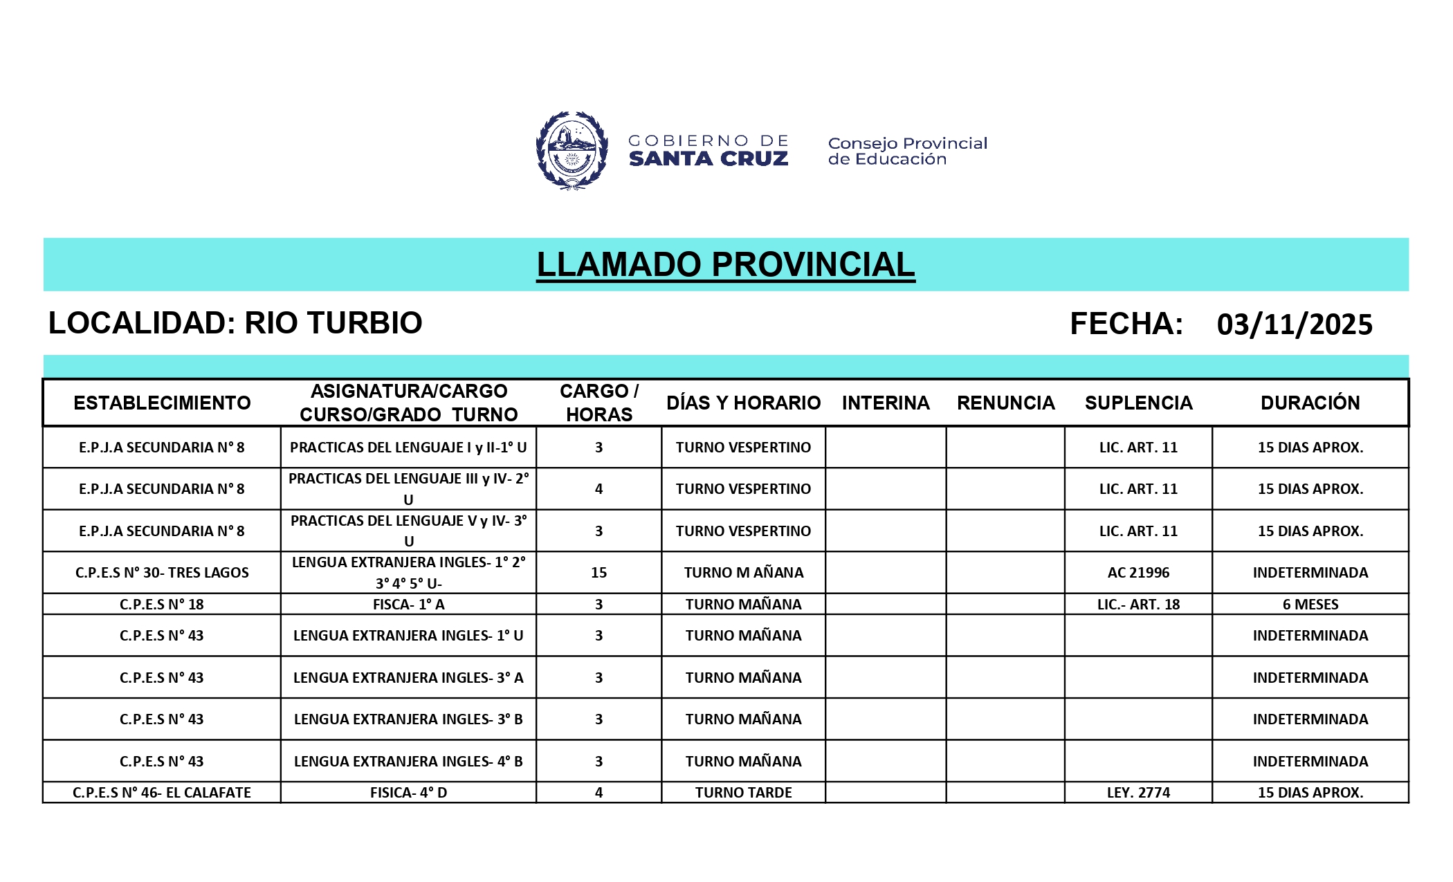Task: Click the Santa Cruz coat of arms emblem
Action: pyautogui.click(x=572, y=150)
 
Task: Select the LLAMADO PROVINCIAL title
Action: pyautogui.click(x=725, y=265)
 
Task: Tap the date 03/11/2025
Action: pyautogui.click(x=1294, y=324)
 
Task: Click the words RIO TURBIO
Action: pyautogui.click(x=333, y=323)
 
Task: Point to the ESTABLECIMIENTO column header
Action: pyautogui.click(x=162, y=403)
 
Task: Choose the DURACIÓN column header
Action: pyautogui.click(x=1310, y=403)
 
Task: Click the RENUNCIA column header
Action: pyautogui.click(x=1005, y=403)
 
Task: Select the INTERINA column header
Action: pyautogui.click(x=885, y=403)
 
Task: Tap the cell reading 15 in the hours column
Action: pyautogui.click(x=598, y=573)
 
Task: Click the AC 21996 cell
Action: pyautogui.click(x=1138, y=573)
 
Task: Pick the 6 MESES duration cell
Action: pyautogui.click(x=1310, y=605)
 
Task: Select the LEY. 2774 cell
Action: pyautogui.click(x=1138, y=793)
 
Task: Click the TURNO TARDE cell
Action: pyautogui.click(x=743, y=793)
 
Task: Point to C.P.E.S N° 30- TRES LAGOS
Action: pyautogui.click(x=162, y=573)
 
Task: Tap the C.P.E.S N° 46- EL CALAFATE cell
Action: pyautogui.click(x=162, y=793)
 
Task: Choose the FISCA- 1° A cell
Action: pyautogui.click(x=408, y=605)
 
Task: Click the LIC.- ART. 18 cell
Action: pyautogui.click(x=1138, y=605)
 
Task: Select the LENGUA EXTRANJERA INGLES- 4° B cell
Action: pyautogui.click(x=408, y=762)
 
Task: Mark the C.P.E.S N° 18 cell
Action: pyautogui.click(x=162, y=605)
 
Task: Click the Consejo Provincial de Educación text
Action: pyautogui.click(x=907, y=151)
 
